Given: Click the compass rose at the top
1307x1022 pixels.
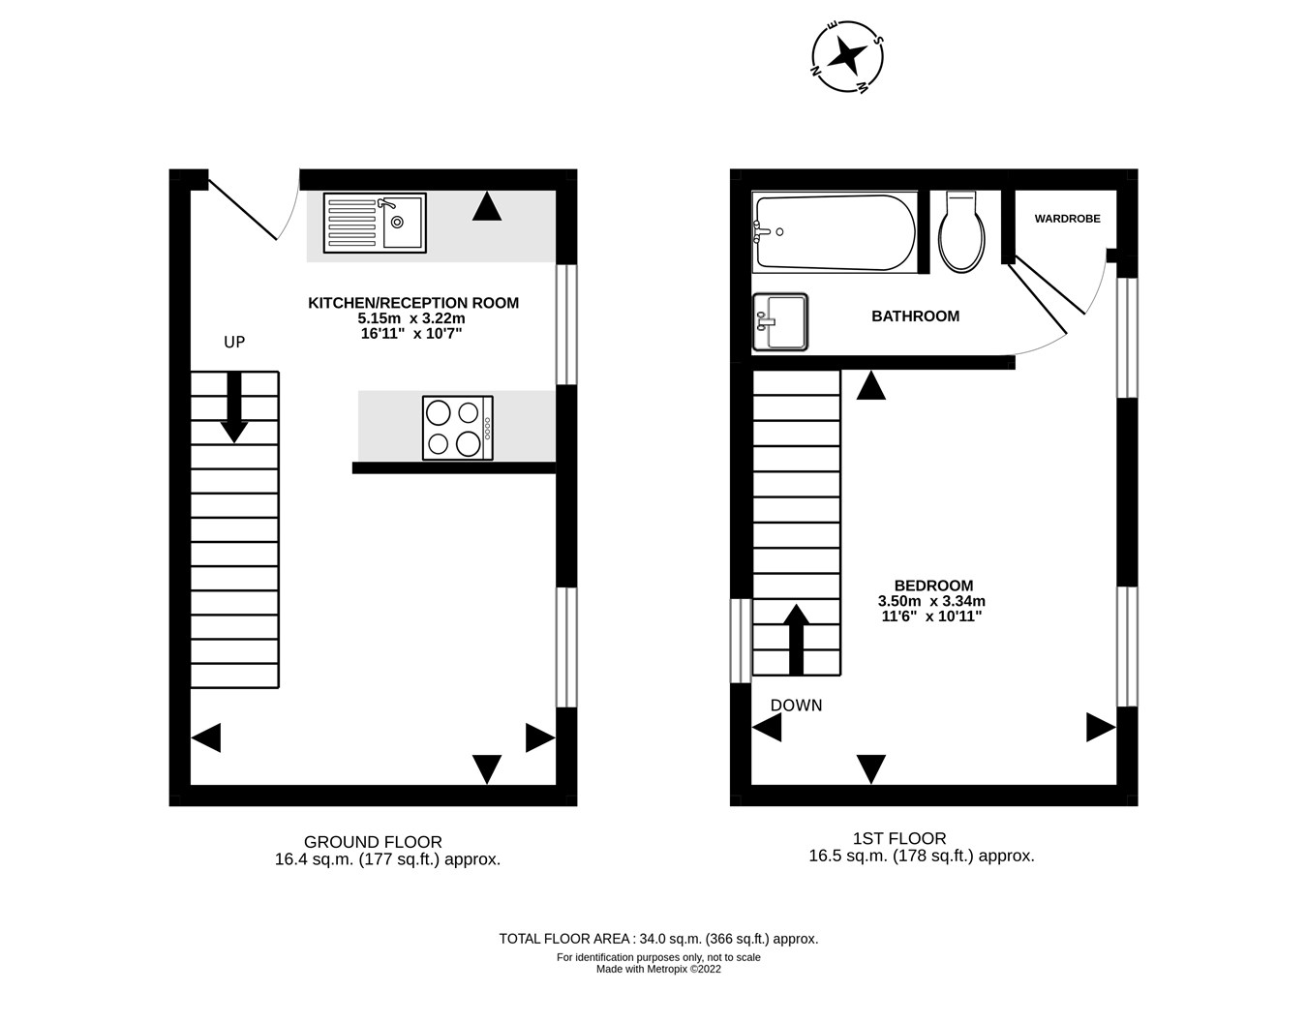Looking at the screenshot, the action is coord(847,57).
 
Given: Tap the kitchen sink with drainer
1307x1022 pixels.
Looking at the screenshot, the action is coord(375,223).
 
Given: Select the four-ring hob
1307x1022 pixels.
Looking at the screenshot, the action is coord(458,428).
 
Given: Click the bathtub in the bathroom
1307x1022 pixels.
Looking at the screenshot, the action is coord(835,232).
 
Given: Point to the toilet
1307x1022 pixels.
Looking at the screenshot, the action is coord(962,231).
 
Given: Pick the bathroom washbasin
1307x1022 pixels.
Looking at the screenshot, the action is coord(779,321).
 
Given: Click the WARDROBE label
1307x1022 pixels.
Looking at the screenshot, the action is coord(1067,219).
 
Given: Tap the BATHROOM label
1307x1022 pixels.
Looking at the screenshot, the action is coord(916,316).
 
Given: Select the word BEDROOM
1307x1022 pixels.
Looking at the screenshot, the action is coord(933,585).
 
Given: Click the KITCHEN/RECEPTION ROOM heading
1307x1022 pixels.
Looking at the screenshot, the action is coord(413,303).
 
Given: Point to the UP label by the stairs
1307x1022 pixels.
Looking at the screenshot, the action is coord(234,342).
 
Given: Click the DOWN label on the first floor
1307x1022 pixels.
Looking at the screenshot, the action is coord(796,706).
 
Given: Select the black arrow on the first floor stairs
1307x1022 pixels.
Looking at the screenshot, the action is coord(796,639).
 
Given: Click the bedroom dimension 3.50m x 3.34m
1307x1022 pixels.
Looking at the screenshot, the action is coord(931,601).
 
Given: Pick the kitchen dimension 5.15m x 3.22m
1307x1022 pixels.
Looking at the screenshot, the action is coord(412,318).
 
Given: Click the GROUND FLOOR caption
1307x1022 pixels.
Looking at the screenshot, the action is coord(373,842).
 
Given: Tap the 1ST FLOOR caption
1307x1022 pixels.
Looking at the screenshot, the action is coord(899,838).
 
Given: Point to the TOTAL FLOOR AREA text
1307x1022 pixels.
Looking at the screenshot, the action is coord(658,939).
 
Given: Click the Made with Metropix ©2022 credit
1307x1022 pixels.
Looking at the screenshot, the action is coord(658,969).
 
